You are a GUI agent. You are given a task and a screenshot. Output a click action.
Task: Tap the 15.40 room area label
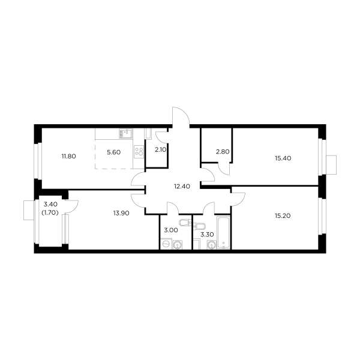[x=283, y=158]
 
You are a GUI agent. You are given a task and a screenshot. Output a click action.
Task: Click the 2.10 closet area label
[x=160, y=151]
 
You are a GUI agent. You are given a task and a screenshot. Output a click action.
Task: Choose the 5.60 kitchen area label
[x=114, y=152]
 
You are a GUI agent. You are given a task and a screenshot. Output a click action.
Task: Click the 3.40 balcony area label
[x=49, y=204]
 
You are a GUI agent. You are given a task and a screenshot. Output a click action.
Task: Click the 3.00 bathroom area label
[x=172, y=229]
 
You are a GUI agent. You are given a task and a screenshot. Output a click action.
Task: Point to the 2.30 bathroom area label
[x=207, y=235]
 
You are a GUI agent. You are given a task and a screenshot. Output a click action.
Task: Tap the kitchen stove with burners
[x=139, y=151]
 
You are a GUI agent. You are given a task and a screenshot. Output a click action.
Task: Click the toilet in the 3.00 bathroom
[x=186, y=224]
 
